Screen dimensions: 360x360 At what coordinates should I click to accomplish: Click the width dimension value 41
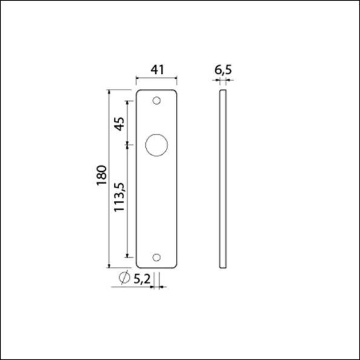click(157, 70)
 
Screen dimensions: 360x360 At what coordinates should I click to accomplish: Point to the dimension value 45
click(119, 123)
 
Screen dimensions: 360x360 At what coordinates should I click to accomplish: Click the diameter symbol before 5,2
click(124, 278)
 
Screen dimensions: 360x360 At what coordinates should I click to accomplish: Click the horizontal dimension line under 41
click(157, 79)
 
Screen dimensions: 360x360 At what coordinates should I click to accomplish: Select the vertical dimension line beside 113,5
click(128, 200)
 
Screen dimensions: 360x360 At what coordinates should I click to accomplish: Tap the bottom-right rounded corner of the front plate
click(175, 264)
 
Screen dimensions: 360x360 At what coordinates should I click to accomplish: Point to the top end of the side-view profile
click(223, 91)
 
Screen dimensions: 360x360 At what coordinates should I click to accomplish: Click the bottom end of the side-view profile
click(223, 266)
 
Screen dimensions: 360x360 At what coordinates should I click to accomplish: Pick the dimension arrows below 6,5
click(223, 79)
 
